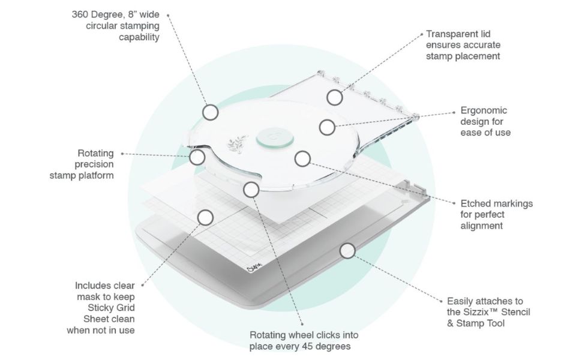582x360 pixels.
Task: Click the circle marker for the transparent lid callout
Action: coord(335,97)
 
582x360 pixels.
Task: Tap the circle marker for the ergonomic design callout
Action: coord(327,127)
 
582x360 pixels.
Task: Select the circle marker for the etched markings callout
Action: coord(302,158)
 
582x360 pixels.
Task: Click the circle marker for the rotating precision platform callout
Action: coord(197,157)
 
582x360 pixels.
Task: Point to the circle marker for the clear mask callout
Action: coord(205,217)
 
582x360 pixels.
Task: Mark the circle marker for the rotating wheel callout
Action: coord(251,190)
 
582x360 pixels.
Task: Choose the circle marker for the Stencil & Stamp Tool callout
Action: coord(347,251)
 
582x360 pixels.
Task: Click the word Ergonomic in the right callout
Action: coord(484,110)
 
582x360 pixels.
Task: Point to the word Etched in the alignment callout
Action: coord(475,203)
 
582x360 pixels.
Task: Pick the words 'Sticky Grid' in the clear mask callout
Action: coord(115,308)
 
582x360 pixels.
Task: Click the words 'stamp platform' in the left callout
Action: coord(82,175)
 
